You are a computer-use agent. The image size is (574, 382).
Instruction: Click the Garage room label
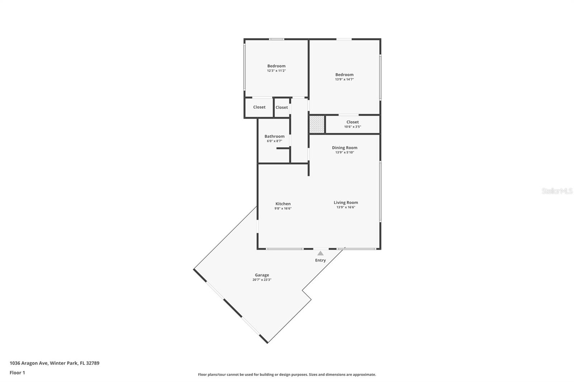(x=262, y=275)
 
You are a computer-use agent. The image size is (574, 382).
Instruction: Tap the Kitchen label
(x=283, y=204)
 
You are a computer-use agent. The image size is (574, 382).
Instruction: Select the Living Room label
(x=346, y=202)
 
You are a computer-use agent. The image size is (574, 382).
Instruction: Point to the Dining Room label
(x=344, y=148)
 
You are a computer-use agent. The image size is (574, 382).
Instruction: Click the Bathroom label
(x=274, y=136)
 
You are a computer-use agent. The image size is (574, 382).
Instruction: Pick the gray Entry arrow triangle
(x=320, y=253)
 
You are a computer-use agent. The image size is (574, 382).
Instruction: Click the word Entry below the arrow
(x=320, y=261)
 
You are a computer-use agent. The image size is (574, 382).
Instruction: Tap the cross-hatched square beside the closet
(x=317, y=124)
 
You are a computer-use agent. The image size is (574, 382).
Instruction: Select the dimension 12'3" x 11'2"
(x=276, y=71)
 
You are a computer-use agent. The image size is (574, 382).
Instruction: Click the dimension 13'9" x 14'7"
(x=344, y=80)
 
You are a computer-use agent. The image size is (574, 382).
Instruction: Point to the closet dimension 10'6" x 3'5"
(x=353, y=127)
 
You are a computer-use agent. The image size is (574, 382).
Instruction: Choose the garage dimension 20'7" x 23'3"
(x=262, y=280)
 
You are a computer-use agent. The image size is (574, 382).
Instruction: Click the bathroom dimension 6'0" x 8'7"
(x=274, y=141)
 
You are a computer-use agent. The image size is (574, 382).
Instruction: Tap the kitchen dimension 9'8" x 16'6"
(x=283, y=209)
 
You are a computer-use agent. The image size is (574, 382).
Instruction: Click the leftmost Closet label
(x=259, y=107)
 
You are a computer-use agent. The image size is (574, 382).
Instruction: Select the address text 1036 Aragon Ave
(x=29, y=363)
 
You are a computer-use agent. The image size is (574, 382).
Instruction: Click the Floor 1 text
(x=17, y=373)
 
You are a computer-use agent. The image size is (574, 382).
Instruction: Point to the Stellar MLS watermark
(x=557, y=191)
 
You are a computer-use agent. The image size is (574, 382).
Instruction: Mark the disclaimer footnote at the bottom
(x=287, y=374)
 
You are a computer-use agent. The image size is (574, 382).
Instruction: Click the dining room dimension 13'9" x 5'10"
(x=344, y=152)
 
